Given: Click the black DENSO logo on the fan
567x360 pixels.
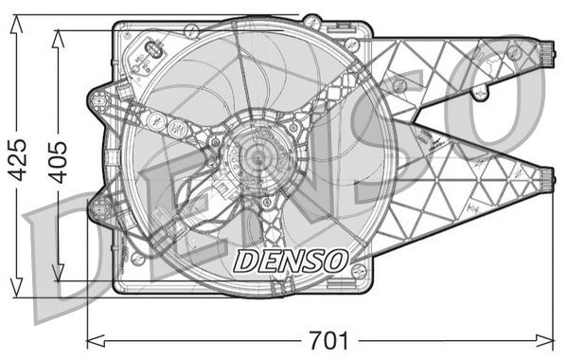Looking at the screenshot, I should click(291, 259).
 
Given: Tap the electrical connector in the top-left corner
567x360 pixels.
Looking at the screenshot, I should click(151, 53).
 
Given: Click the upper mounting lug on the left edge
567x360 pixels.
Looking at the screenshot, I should click(97, 99).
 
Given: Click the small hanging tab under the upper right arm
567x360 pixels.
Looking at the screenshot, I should click(481, 93).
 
